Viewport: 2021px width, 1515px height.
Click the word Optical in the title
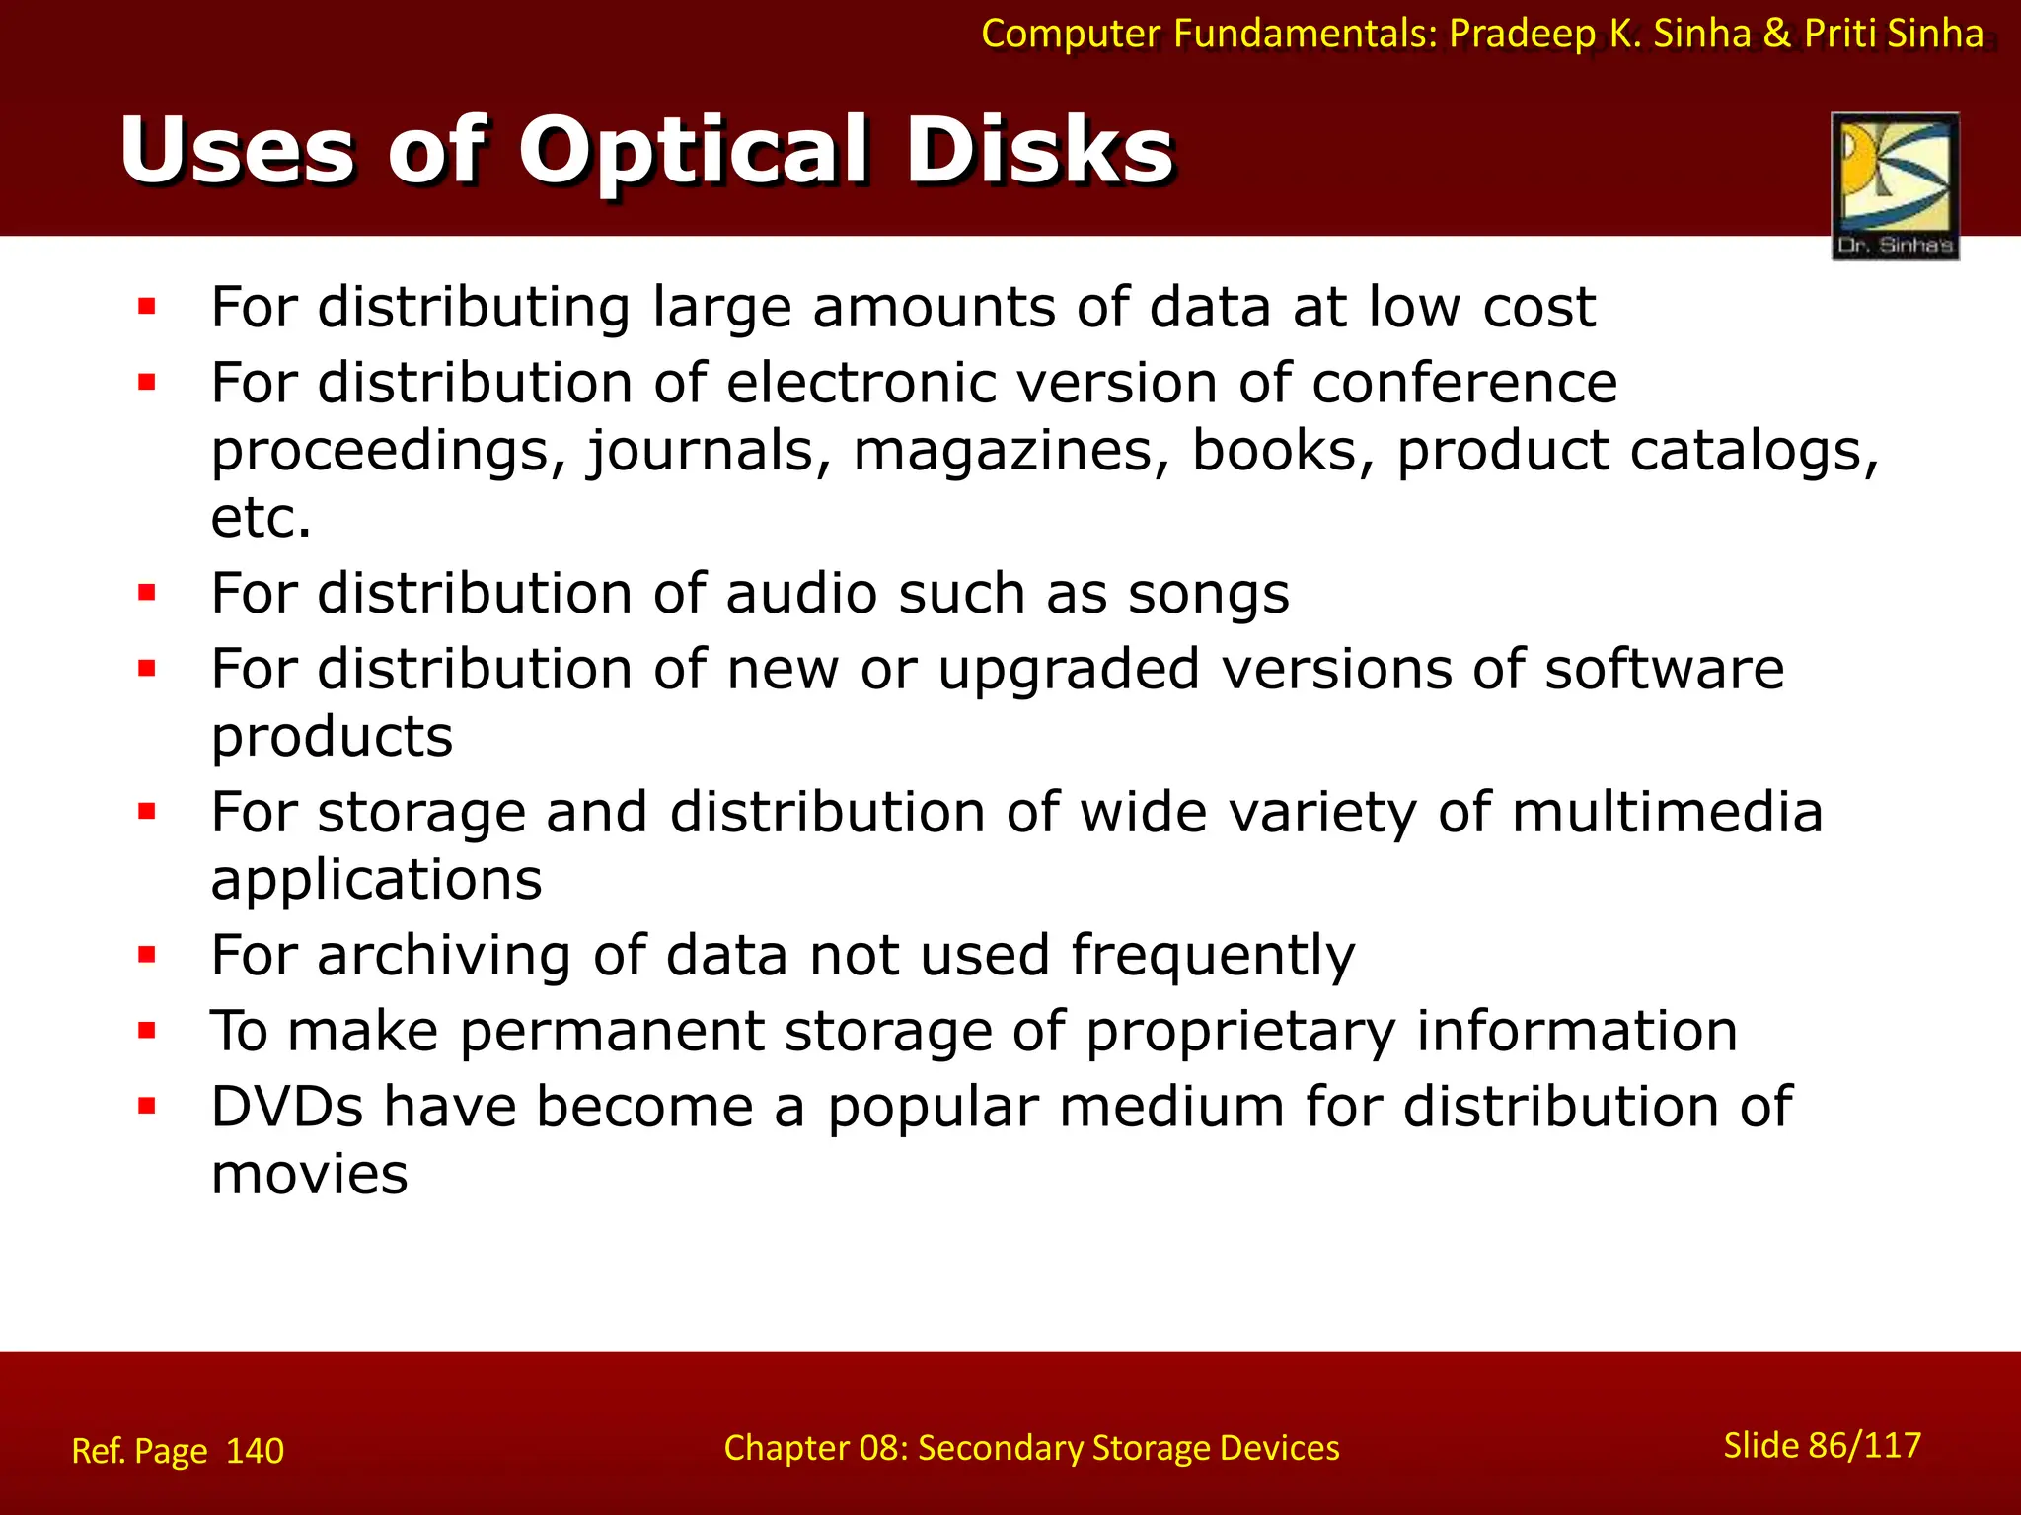[x=693, y=150]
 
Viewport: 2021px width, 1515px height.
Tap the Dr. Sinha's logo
[x=1895, y=185]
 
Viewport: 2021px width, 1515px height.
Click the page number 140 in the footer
[x=255, y=1451]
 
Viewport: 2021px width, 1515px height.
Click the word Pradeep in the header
[x=1522, y=34]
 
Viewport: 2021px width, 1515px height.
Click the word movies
[x=309, y=1174]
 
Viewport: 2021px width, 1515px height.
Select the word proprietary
[x=1240, y=1031]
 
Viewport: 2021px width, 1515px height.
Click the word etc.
[x=261, y=518]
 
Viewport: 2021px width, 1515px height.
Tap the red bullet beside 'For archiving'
[x=147, y=955]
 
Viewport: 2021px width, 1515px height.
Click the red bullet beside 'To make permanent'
[x=147, y=1031]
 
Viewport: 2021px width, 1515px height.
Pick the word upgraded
[x=1068, y=671]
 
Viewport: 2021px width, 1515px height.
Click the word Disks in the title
[x=1040, y=150]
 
